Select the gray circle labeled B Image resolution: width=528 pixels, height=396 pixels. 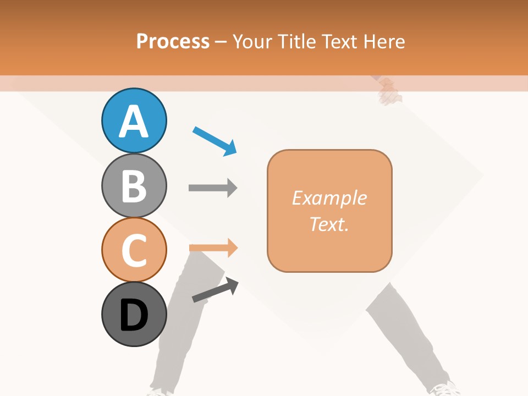tap(134, 185)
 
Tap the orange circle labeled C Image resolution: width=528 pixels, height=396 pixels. tap(134, 250)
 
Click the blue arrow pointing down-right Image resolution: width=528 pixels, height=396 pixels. tap(215, 141)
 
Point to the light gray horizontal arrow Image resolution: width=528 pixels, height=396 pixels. tap(213, 188)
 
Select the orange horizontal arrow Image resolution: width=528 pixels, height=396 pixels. tap(213, 248)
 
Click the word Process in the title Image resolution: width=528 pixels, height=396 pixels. tap(173, 41)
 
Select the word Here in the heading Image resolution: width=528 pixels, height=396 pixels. tap(384, 41)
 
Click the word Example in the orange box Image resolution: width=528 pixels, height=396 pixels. tap(329, 198)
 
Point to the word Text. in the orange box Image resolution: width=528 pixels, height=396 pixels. tap(329, 224)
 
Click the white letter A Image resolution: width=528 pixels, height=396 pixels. tap(134, 122)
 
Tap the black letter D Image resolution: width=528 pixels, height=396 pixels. tap(134, 316)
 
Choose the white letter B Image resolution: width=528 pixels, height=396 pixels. tap(134, 186)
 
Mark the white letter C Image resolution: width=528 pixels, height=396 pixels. tap(134, 251)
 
